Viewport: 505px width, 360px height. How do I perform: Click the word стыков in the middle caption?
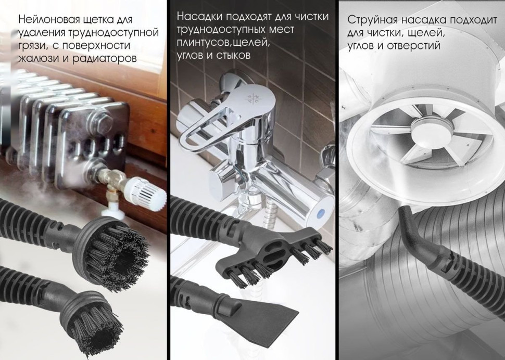coord(232,55)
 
